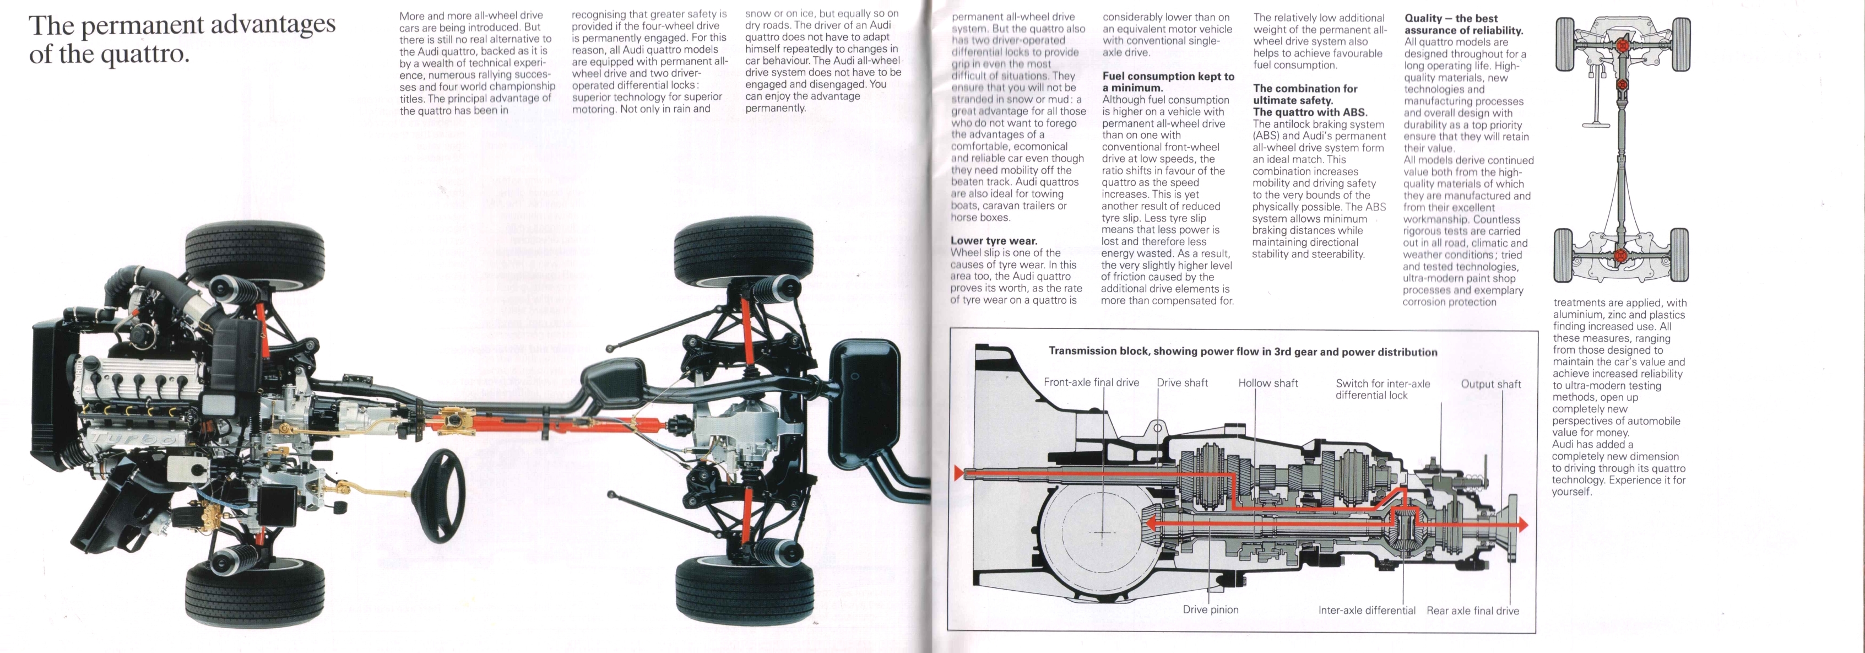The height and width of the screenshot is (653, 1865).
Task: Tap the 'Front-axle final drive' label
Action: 1091,382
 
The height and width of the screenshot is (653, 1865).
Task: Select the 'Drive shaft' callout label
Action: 1181,382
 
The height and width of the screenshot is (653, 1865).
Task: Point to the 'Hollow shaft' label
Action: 1268,383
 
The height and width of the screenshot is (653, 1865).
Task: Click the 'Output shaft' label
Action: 1490,384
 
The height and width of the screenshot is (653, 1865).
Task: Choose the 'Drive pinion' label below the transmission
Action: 1210,609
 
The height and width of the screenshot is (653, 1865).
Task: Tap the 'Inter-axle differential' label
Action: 1366,610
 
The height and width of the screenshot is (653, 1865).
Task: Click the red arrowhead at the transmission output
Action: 1522,525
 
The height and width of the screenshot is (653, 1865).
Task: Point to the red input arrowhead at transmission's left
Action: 959,473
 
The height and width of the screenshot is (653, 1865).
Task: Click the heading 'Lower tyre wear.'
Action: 993,241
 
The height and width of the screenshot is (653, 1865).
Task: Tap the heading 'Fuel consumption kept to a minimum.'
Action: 1168,82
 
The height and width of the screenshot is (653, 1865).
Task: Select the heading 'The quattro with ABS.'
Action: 1310,112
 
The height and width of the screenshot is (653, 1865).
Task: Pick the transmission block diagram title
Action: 1243,352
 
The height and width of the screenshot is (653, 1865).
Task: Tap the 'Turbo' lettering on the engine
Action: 138,438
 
